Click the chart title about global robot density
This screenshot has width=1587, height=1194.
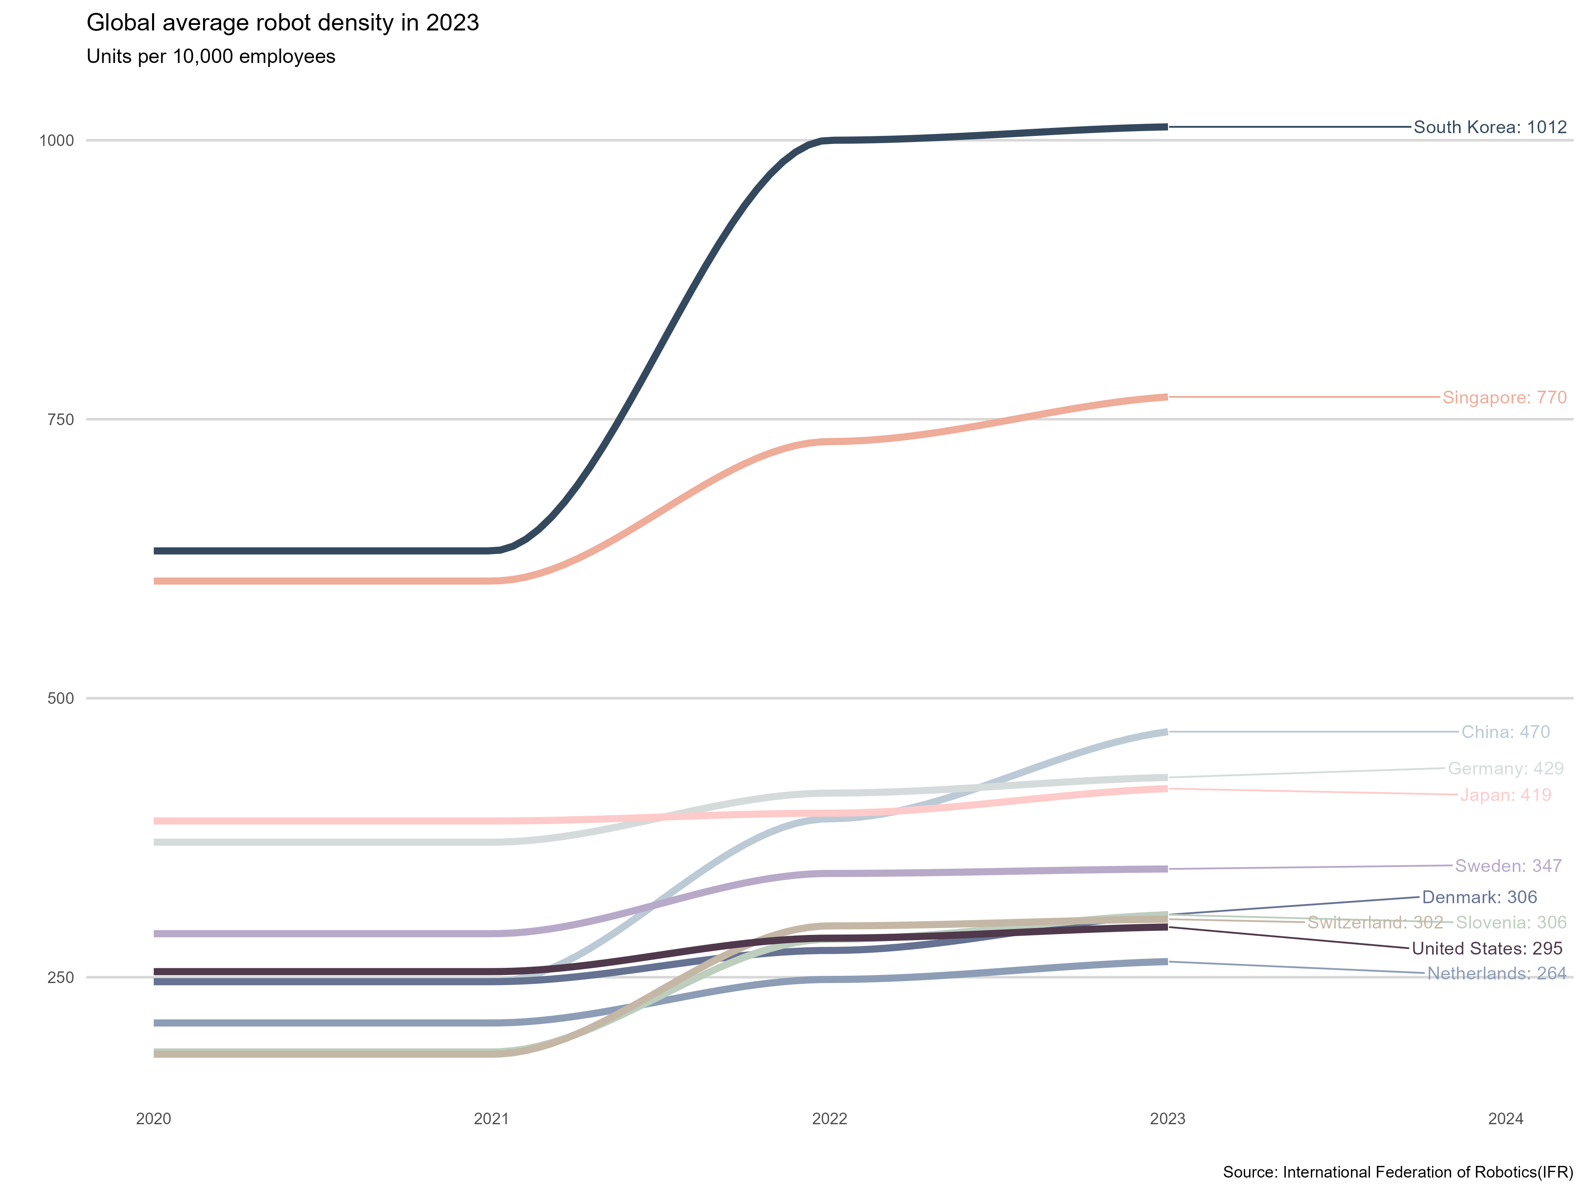click(x=282, y=23)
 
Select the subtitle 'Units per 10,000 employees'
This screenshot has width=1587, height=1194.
click(x=211, y=57)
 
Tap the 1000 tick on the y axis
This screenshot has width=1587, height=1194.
click(x=57, y=140)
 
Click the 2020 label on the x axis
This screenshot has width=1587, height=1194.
click(x=154, y=1119)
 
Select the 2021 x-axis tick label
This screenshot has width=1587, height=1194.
click(x=492, y=1119)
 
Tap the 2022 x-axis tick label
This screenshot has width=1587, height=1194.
click(x=829, y=1119)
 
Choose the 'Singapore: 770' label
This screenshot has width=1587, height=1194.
click(x=1504, y=397)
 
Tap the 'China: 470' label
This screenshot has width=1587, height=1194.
click(x=1505, y=732)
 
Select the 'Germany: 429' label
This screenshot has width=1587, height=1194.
click(x=1505, y=769)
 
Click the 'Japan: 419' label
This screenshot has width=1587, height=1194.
click(x=1505, y=795)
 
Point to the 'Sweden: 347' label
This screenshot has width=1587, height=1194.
click(x=1508, y=866)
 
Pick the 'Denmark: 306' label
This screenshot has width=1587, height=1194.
click(x=1479, y=898)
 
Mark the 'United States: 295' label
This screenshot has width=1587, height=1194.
click(x=1487, y=949)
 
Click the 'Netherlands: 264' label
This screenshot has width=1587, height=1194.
click(x=1497, y=974)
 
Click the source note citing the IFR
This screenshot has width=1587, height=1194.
click(x=1398, y=1172)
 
